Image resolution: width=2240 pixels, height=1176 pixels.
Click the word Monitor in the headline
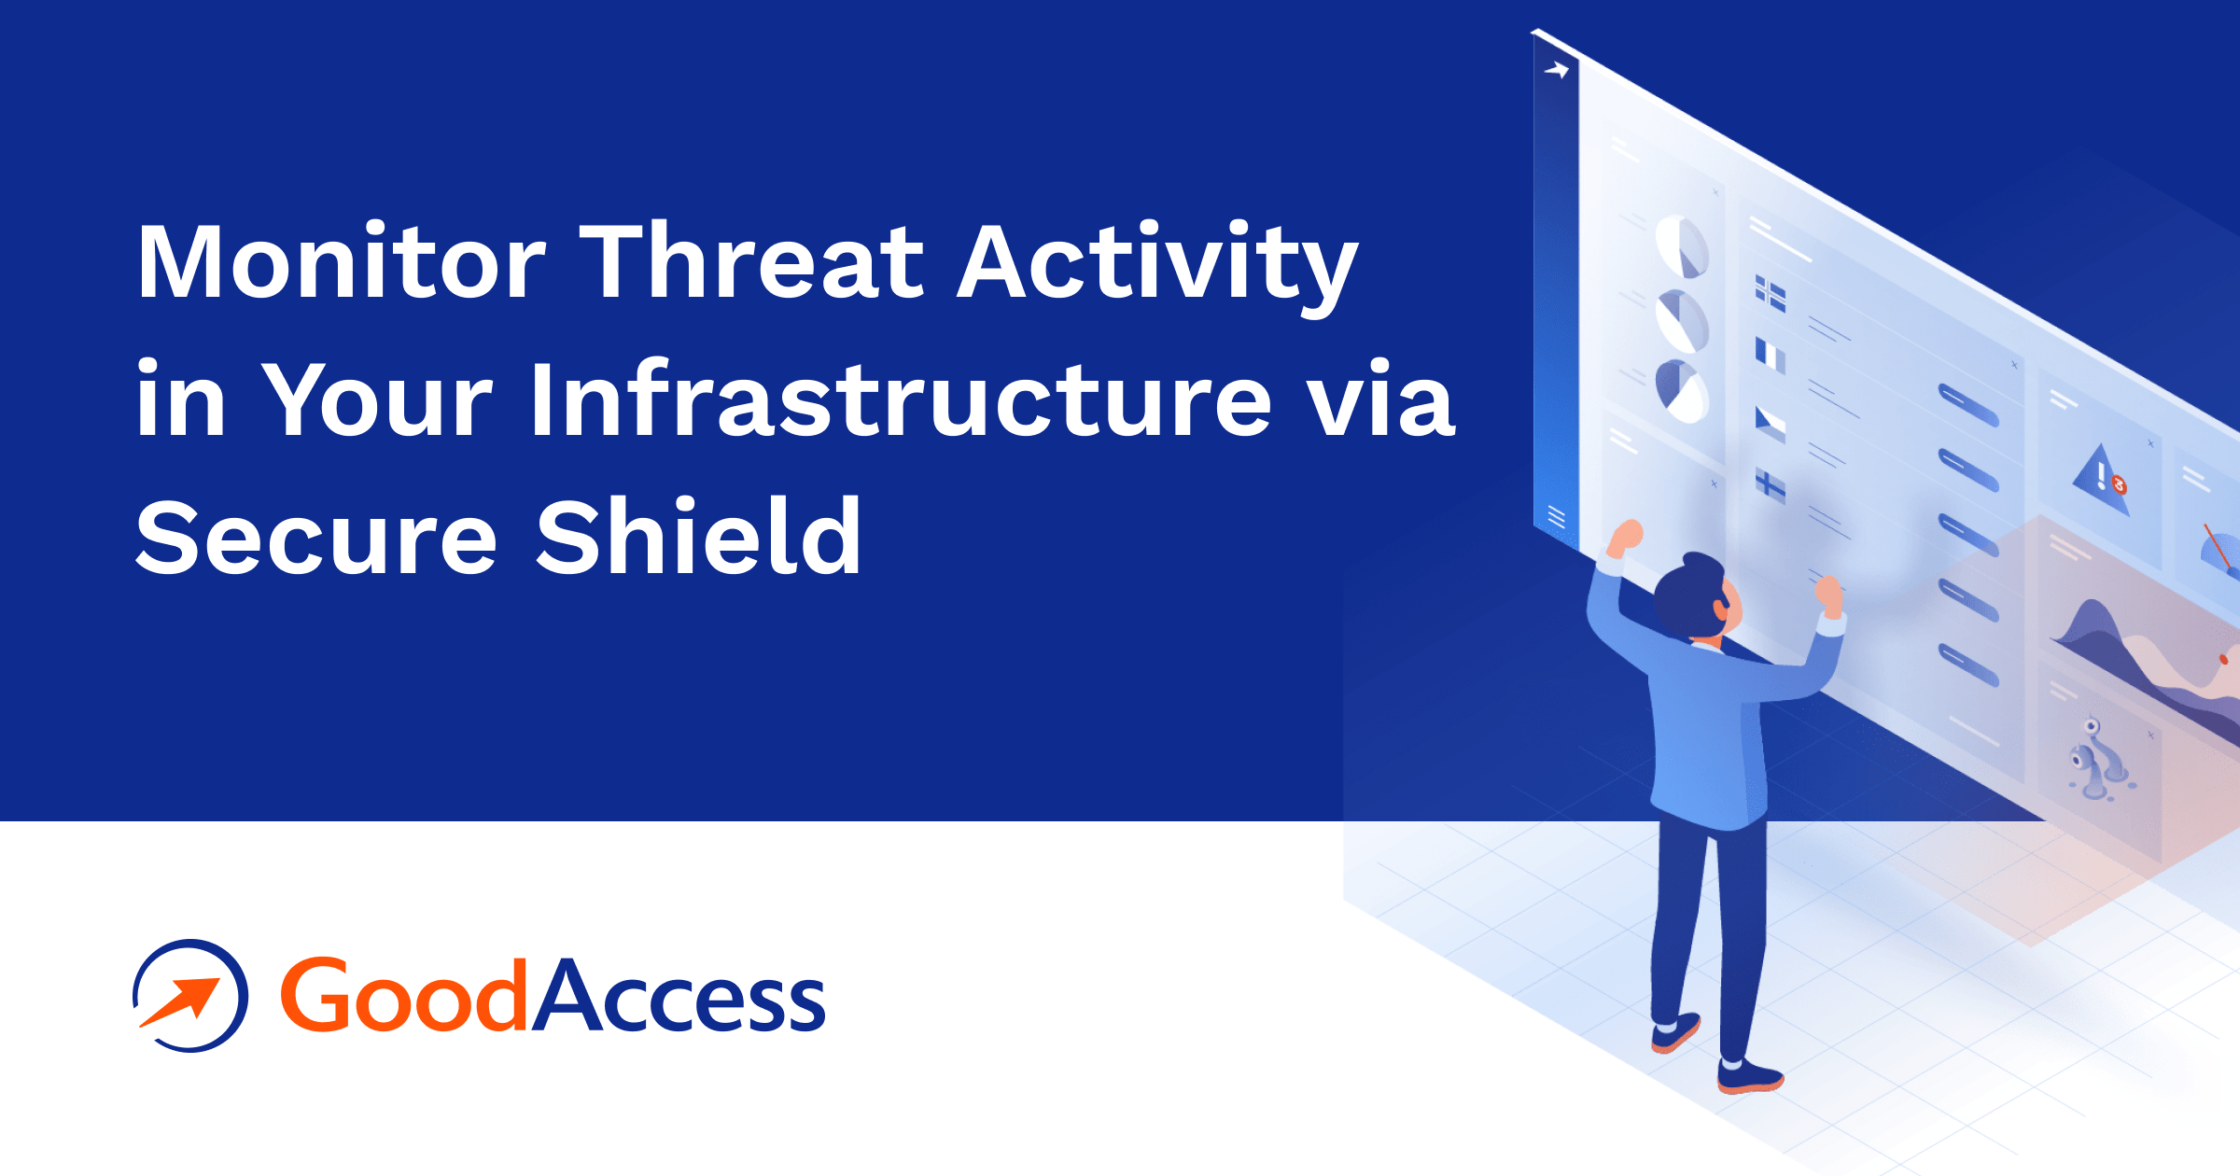coord(341,263)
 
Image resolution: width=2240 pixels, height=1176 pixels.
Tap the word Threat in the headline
coord(751,263)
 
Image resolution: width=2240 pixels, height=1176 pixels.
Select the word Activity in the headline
coord(1157,263)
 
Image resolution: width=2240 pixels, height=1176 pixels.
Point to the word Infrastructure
coord(901,401)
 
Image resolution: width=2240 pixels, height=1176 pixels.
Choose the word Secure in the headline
coord(317,539)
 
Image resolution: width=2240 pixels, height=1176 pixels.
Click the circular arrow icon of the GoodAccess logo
coord(190,996)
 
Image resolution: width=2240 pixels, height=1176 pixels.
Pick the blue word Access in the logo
coord(679,996)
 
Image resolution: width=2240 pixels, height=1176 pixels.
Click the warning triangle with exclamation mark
coord(2101,479)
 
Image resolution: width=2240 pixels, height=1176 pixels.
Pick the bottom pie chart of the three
coord(1682,391)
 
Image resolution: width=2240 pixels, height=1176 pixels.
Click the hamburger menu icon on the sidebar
coord(1556,516)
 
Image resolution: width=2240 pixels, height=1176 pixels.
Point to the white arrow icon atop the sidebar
coord(1557,70)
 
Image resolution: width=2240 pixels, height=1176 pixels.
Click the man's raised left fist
coord(1628,536)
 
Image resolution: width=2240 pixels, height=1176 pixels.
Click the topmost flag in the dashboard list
coord(1771,294)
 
